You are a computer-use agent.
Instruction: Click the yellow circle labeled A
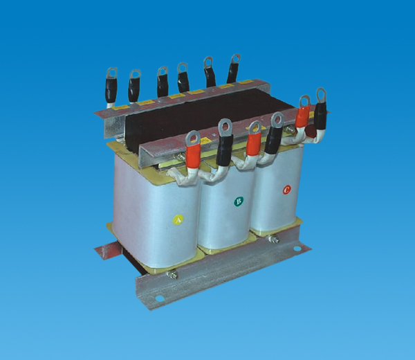pos(178,219)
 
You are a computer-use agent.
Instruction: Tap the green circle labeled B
pos(239,201)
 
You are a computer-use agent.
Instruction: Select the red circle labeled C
pos(286,190)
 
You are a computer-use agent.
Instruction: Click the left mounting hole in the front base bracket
pos(160,298)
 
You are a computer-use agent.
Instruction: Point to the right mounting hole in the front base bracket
pos(297,249)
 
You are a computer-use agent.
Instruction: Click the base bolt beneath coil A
pos(172,274)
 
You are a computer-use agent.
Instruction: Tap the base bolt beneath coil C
pos(274,240)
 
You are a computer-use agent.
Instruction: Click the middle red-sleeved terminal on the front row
pos(254,141)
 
